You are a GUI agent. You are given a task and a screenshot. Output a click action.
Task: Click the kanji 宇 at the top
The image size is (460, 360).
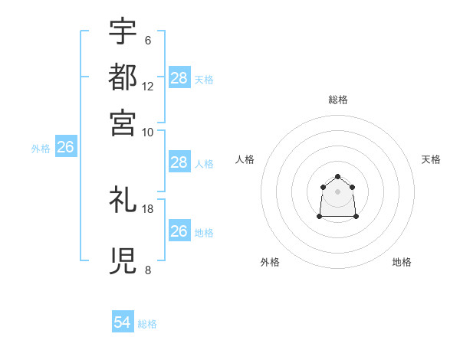click(x=123, y=32)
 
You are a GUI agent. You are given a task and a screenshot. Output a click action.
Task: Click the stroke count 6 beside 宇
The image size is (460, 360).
click(x=147, y=41)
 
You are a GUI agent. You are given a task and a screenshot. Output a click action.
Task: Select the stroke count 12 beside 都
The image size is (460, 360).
click(x=148, y=86)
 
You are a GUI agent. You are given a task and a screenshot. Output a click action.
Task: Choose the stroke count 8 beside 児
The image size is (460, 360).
click(x=147, y=270)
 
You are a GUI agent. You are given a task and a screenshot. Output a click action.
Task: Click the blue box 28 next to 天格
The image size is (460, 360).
click(x=179, y=78)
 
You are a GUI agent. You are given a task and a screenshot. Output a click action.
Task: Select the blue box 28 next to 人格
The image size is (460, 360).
click(x=179, y=162)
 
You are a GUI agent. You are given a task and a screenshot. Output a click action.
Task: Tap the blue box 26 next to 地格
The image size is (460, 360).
click(x=179, y=231)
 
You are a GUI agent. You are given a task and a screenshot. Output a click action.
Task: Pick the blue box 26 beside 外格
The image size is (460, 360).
click(x=65, y=148)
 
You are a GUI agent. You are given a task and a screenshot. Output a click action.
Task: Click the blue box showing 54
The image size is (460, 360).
click(x=123, y=323)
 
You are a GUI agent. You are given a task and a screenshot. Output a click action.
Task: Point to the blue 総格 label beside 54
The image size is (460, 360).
click(x=147, y=324)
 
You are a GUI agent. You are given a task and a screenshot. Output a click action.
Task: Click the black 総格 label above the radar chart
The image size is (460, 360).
click(x=337, y=100)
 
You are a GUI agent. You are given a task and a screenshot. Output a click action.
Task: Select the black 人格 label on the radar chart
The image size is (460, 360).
click(x=245, y=159)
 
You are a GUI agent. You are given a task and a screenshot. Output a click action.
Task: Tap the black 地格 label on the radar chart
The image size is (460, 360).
click(x=402, y=262)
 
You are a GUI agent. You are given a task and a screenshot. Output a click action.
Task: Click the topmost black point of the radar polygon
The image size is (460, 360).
click(x=337, y=177)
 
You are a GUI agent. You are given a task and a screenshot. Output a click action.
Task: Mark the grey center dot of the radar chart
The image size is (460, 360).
click(x=337, y=191)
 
